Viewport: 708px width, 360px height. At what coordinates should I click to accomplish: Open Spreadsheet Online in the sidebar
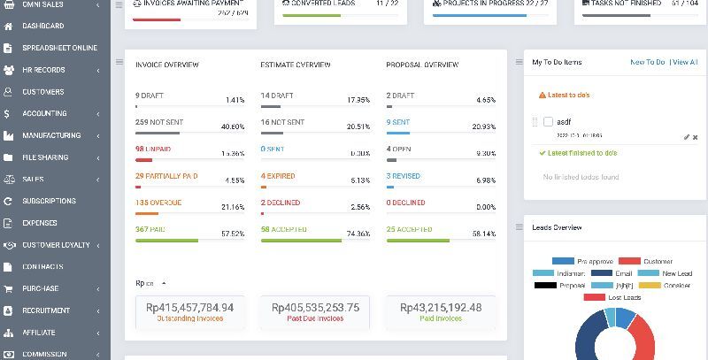tap(60, 48)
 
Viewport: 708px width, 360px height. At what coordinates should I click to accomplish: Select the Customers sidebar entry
tap(42, 92)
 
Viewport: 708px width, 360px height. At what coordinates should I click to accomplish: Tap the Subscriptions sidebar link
tap(49, 201)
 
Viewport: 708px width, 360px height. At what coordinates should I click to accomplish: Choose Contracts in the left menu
tap(42, 266)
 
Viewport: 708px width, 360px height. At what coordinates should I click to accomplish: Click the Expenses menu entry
tap(40, 223)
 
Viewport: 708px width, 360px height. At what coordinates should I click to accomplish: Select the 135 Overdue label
tap(158, 203)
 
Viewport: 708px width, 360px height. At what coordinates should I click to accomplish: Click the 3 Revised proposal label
tap(403, 176)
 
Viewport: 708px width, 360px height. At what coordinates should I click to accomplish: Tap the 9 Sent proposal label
tap(398, 122)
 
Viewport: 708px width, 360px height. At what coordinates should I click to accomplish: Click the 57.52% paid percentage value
tap(233, 234)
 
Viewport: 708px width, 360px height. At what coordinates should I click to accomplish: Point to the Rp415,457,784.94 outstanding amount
tap(190, 308)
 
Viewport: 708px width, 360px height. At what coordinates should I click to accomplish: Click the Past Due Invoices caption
tap(316, 318)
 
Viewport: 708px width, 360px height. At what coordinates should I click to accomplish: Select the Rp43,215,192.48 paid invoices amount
tap(441, 308)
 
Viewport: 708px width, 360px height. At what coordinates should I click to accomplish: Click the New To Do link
tap(647, 63)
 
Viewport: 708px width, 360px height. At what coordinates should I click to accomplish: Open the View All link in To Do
tap(685, 63)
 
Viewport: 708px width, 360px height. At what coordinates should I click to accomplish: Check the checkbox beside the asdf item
tap(549, 121)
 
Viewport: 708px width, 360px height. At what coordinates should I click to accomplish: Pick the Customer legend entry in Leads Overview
tap(658, 262)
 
